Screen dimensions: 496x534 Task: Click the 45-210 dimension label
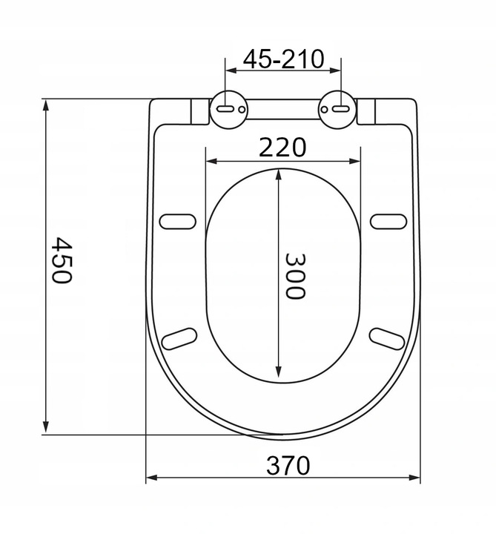point(283,59)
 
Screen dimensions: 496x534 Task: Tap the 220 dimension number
point(282,148)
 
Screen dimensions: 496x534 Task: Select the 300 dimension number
point(294,276)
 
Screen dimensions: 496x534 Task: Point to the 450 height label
point(62,260)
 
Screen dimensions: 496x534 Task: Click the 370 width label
point(288,465)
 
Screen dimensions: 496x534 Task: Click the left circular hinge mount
point(228,110)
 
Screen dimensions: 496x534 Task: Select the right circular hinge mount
point(337,110)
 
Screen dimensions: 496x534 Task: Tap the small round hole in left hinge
point(242,110)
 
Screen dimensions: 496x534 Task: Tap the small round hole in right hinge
point(325,109)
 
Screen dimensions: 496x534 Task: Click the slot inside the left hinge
point(225,109)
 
